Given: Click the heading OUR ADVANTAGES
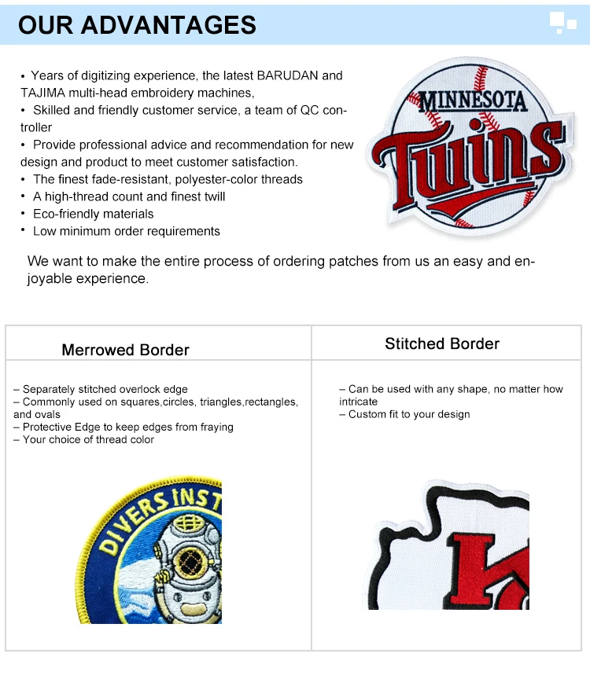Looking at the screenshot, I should (137, 24).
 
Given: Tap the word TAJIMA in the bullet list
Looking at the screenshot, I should (42, 93).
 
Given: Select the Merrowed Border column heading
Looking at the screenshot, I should (125, 350).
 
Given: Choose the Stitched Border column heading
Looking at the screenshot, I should (442, 343).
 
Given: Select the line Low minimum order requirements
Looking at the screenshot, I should (126, 231).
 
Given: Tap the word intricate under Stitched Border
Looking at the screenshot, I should (359, 402).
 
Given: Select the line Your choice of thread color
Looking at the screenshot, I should (87, 439).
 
